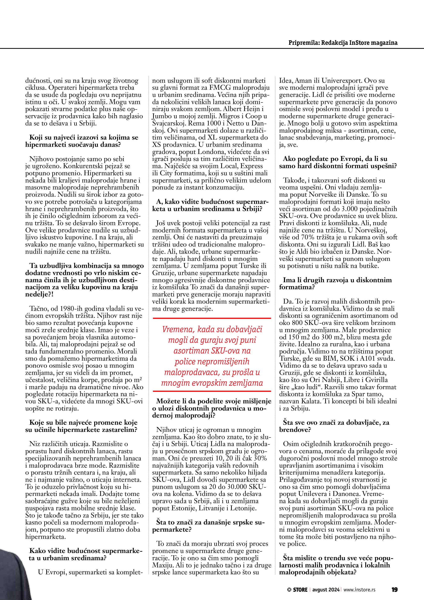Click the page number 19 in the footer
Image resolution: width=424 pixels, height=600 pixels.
[x=394, y=588]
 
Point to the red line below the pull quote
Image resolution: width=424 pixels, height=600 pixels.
[x=212, y=391]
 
